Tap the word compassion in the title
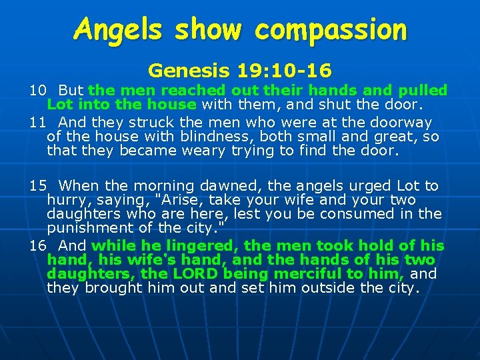[x=331, y=31]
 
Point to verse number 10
[x=37, y=90]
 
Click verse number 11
[x=37, y=122]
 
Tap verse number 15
[x=37, y=186]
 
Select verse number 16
[x=37, y=246]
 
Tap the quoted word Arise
[x=156, y=200]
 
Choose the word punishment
[x=87, y=228]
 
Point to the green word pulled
[x=423, y=90]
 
